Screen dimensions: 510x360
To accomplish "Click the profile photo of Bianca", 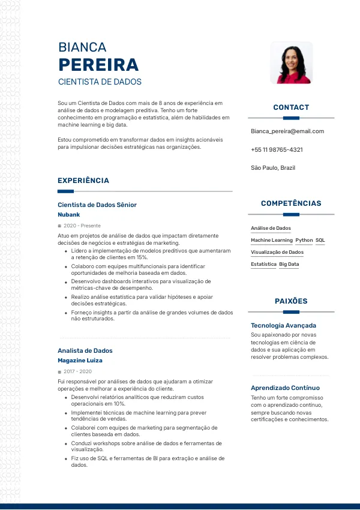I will pyautogui.click(x=291, y=63).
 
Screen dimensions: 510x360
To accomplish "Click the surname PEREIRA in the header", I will pyautogui.click(x=98, y=65).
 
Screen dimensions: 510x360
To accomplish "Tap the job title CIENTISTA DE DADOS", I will pyautogui.click(x=100, y=82).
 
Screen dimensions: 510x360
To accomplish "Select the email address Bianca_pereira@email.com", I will pyautogui.click(x=287, y=131).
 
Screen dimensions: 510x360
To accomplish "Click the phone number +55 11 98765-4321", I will pyautogui.click(x=277, y=149).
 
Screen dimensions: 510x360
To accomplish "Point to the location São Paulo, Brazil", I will pyautogui.click(x=273, y=168).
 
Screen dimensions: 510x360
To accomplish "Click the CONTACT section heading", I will pyautogui.click(x=291, y=107).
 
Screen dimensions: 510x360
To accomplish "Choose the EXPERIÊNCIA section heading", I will pyautogui.click(x=83, y=181).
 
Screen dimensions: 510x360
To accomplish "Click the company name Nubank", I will pyautogui.click(x=68, y=215).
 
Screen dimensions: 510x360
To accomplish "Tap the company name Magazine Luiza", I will pyautogui.click(x=80, y=361).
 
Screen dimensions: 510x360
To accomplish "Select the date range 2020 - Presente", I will pyautogui.click(x=82, y=226).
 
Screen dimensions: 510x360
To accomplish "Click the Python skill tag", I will pyautogui.click(x=304, y=240).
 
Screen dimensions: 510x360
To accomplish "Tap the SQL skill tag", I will pyautogui.click(x=320, y=240).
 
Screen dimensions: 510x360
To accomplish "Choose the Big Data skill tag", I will pyautogui.click(x=289, y=264).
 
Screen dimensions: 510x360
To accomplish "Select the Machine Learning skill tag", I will pyautogui.click(x=271, y=240).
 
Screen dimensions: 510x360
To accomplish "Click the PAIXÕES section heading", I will pyautogui.click(x=291, y=301).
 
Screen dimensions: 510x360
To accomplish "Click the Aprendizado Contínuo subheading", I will pyautogui.click(x=285, y=388).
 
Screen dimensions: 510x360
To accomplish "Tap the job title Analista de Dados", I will pyautogui.click(x=85, y=350).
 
